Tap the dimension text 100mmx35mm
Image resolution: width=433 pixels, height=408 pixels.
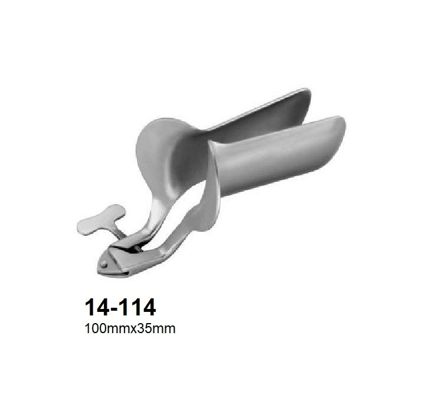pos(130,329)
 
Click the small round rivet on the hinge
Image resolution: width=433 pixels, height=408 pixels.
pos(104,265)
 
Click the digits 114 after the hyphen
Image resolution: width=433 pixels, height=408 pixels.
pos(139,308)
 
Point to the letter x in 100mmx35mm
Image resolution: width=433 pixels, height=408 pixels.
pos(139,330)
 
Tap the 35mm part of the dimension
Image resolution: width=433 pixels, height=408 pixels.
pos(159,329)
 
